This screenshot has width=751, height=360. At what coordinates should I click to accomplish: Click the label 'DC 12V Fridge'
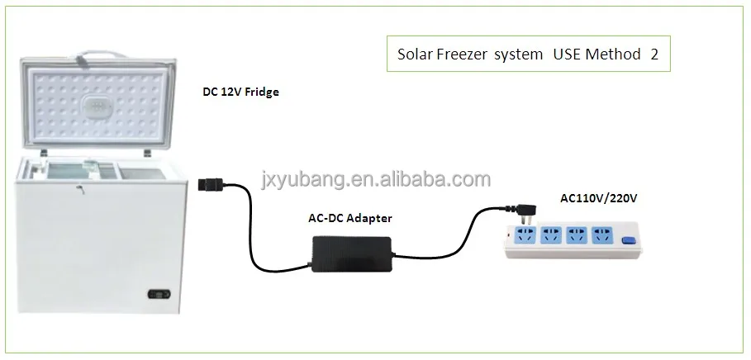[x=240, y=92]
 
